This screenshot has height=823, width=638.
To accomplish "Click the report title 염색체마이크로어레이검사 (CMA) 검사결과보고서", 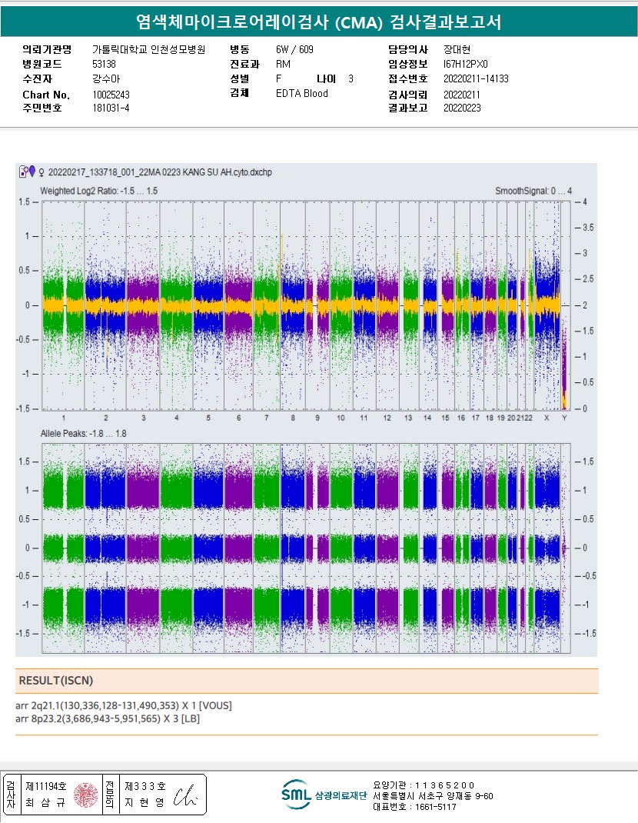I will click(318, 22).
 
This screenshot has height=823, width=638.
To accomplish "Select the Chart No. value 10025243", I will click(112, 95).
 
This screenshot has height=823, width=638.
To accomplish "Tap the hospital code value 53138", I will click(104, 64).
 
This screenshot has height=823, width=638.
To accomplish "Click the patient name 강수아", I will click(106, 78).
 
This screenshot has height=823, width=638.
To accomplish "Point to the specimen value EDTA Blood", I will click(301, 94).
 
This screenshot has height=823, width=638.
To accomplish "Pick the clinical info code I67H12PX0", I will click(466, 64).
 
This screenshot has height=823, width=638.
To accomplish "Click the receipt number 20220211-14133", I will click(476, 78).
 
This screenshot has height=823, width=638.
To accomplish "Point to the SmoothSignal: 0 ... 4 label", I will click(533, 190).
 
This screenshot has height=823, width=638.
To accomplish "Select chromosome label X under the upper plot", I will click(547, 418).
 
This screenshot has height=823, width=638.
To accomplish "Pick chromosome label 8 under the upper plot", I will click(293, 418).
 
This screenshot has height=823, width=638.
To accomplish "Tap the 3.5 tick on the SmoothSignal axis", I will click(588, 228).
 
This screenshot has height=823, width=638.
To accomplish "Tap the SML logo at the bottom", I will click(295, 795).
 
